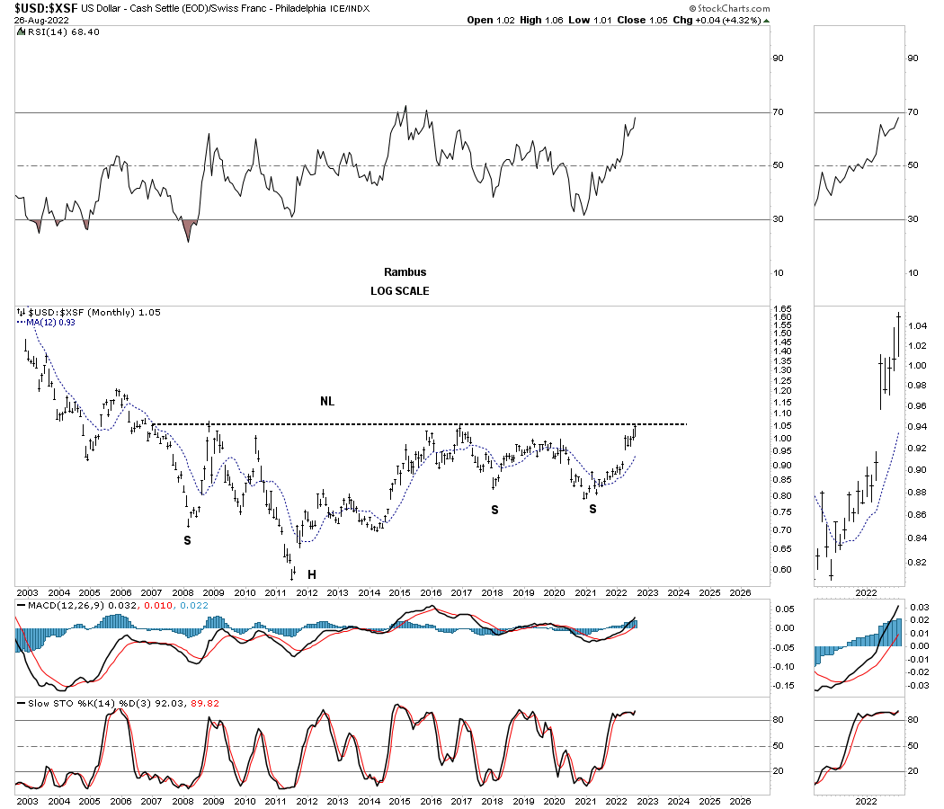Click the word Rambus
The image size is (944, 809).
pyautogui.click(x=405, y=271)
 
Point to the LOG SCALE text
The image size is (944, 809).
pyautogui.click(x=399, y=291)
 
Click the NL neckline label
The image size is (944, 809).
pyautogui.click(x=327, y=401)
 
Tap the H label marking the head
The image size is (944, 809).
pyautogui.click(x=312, y=573)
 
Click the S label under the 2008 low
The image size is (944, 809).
pyautogui.click(x=187, y=540)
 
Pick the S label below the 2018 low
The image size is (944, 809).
pyautogui.click(x=494, y=510)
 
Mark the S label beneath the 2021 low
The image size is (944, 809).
pyautogui.click(x=592, y=509)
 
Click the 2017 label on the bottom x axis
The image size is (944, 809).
pyautogui.click(x=461, y=798)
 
